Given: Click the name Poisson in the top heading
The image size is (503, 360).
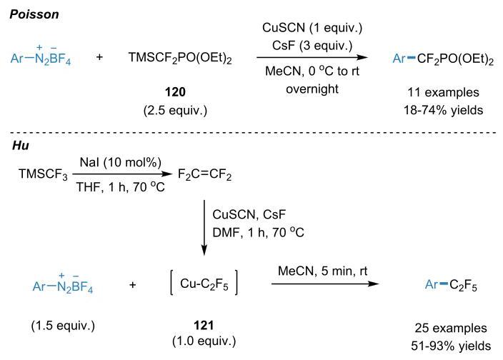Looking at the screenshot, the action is click(34, 14).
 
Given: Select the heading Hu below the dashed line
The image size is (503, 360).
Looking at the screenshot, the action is click(21, 146).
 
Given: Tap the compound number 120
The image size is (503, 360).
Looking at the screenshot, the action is click(175, 92).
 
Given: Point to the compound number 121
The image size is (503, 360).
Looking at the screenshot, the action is click(204, 326).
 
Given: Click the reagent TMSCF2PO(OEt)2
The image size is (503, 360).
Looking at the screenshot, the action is click(180, 58).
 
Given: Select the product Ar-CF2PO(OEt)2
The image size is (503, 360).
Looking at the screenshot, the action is click(443, 59).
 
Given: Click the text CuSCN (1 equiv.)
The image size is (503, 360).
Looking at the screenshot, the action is click(312, 28).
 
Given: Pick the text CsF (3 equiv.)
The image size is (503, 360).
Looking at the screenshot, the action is click(312, 46).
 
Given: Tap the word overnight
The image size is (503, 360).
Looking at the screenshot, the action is click(312, 89).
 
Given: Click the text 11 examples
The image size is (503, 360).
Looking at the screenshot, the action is click(443, 92).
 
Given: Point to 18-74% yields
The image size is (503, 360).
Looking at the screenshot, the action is click(443, 110).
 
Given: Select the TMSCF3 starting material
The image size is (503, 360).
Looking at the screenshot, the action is click(44, 174).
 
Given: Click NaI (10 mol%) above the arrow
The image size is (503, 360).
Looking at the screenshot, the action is click(121, 163).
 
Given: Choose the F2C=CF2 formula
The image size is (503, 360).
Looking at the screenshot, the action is click(204, 175).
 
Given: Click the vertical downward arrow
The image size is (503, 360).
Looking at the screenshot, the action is click(204, 228).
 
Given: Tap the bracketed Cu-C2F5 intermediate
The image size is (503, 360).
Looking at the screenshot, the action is click(204, 283).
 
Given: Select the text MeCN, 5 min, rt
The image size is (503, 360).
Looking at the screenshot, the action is click(322, 271).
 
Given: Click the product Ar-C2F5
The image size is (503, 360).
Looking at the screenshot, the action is click(451, 285).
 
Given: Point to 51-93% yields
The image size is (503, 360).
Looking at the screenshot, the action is click(451, 346).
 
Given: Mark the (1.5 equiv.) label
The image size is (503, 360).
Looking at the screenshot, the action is click(63, 326).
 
